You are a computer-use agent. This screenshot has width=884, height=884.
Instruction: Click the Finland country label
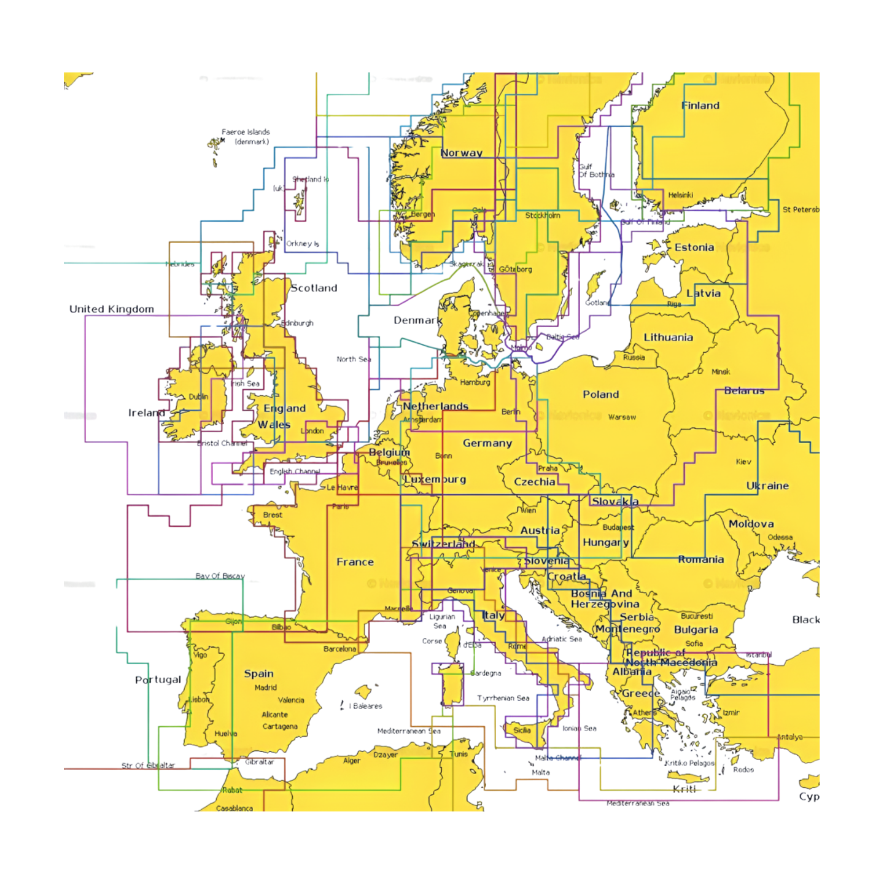[700, 106]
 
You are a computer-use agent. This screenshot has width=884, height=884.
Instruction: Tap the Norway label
[462, 153]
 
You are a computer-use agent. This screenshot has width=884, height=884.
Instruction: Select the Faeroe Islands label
[246, 132]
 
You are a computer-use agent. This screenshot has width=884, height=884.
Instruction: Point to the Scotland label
[314, 288]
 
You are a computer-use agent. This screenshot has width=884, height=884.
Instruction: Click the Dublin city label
[198, 397]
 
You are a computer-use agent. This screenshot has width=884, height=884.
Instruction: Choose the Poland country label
[600, 395]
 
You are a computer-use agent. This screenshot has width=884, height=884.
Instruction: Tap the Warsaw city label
[622, 417]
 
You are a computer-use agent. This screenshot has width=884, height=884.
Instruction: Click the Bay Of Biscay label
[220, 576]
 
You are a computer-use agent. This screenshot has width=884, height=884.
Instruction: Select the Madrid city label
[265, 688]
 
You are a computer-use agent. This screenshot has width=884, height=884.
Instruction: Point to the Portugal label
[158, 680]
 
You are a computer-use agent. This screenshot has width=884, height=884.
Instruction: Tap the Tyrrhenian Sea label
[503, 698]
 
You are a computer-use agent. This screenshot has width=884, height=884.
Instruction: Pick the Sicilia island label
[522, 730]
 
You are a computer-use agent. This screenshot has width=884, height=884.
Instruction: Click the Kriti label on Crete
[684, 789]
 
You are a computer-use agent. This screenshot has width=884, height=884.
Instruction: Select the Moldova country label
[751, 524]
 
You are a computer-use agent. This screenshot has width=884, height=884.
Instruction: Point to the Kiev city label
[743, 462]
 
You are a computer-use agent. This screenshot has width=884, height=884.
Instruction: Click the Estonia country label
[694, 247]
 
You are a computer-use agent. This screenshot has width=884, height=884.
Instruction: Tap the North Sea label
[354, 359]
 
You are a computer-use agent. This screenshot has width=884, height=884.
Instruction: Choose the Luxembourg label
[435, 479]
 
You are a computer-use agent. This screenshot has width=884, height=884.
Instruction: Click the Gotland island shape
[594, 285]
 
